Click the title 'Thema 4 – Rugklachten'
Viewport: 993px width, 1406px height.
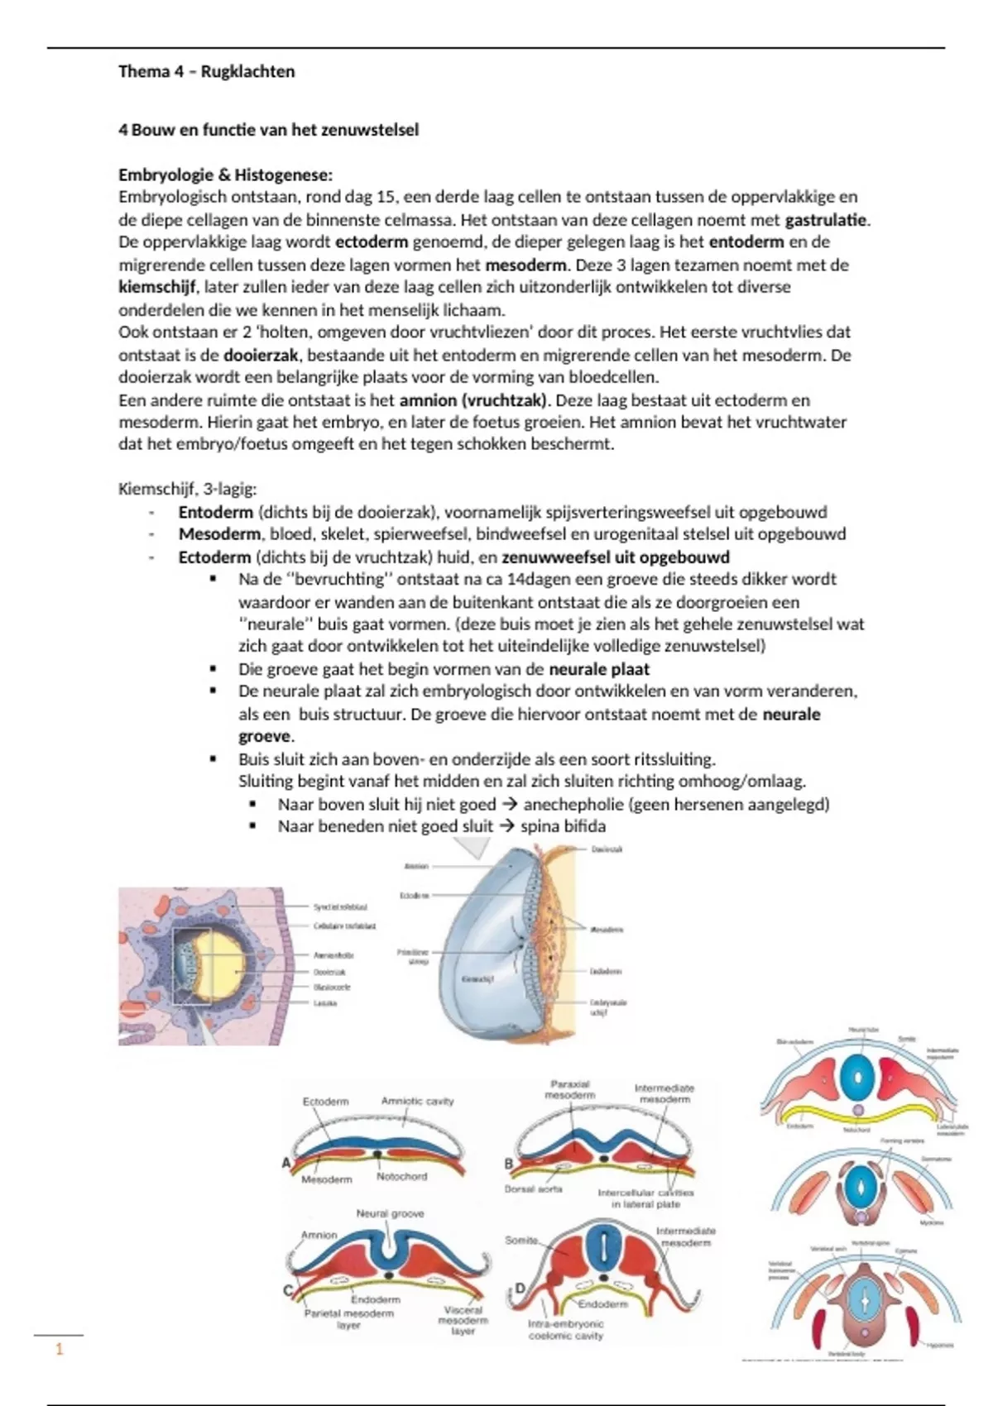(x=206, y=71)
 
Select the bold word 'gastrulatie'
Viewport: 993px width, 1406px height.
(x=826, y=220)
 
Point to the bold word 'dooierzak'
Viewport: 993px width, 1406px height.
(x=260, y=355)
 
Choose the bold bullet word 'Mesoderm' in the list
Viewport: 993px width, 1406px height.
(x=218, y=534)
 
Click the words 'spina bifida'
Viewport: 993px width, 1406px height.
(x=563, y=826)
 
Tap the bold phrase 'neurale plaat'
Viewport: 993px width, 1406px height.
(x=599, y=669)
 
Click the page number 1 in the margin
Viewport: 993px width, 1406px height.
(x=59, y=1350)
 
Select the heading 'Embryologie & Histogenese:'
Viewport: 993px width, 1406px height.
(x=225, y=175)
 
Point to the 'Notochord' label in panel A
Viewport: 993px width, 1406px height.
(x=401, y=1176)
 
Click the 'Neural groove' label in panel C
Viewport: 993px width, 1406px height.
(x=390, y=1213)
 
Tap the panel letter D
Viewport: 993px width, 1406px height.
(x=520, y=1288)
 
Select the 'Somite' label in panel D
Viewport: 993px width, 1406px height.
(x=521, y=1240)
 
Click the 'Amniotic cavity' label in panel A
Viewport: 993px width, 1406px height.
(x=417, y=1101)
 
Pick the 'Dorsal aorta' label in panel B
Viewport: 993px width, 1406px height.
(x=533, y=1188)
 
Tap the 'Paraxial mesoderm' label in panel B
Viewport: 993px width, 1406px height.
(x=569, y=1089)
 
